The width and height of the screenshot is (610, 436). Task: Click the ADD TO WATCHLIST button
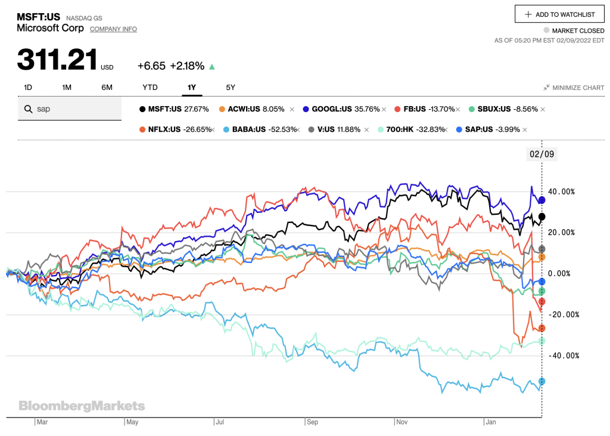pyautogui.click(x=559, y=14)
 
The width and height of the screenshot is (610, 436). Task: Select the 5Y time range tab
pyautogui.click(x=231, y=87)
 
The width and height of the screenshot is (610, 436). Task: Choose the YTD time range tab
pyautogui.click(x=150, y=87)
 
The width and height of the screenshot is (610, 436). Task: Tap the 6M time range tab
pyautogui.click(x=107, y=87)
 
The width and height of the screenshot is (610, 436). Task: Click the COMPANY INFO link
pyautogui.click(x=113, y=29)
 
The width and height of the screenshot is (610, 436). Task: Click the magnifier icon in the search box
pyautogui.click(x=27, y=109)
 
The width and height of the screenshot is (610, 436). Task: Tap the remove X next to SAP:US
pyautogui.click(x=525, y=129)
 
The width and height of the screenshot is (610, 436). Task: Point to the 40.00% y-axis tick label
pyautogui.click(x=562, y=191)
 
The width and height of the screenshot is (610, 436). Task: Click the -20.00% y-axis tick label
pyautogui.click(x=562, y=314)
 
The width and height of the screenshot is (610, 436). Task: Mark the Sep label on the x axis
pyautogui.click(x=313, y=422)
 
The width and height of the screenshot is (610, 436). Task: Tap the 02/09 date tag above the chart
pyautogui.click(x=541, y=153)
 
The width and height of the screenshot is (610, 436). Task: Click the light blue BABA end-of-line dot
pyautogui.click(x=541, y=381)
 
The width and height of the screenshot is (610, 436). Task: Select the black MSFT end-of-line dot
pyautogui.click(x=541, y=217)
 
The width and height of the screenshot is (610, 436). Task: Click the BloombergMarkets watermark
pyautogui.click(x=82, y=406)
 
